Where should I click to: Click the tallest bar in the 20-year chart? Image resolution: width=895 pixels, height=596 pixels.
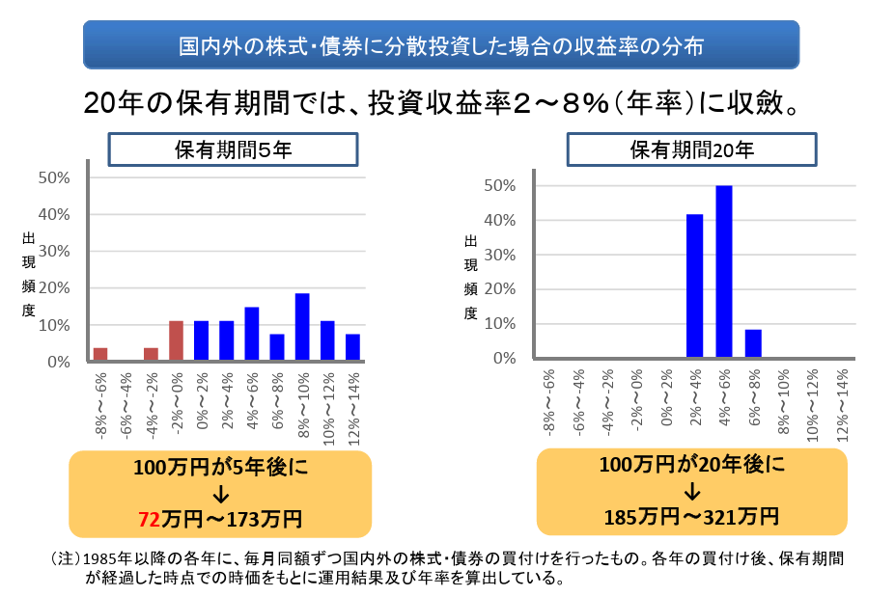(x=723, y=272)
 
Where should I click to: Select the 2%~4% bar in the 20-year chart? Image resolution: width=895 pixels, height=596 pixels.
(x=693, y=286)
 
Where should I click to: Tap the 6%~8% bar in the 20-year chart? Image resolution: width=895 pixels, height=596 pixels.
(x=753, y=344)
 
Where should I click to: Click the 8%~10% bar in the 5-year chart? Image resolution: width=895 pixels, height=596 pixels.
(x=302, y=328)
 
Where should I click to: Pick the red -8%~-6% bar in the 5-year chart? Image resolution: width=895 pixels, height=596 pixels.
(x=100, y=355)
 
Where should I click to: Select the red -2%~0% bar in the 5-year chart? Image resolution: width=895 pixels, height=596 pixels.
(x=176, y=341)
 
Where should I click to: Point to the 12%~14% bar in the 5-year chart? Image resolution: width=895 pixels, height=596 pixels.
(x=352, y=348)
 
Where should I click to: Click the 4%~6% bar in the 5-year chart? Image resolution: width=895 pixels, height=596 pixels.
(x=251, y=335)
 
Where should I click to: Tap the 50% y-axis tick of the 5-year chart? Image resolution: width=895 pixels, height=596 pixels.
(x=54, y=178)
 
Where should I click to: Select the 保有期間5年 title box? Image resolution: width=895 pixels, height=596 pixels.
(x=233, y=149)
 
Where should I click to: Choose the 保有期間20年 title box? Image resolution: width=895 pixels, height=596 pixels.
(x=691, y=149)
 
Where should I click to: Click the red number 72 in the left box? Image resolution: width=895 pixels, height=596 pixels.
(x=150, y=520)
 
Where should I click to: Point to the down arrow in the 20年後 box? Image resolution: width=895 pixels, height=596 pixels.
(x=691, y=491)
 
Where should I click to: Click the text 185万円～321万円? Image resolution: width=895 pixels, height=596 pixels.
(x=691, y=515)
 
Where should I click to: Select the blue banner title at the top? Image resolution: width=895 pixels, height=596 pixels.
(x=440, y=44)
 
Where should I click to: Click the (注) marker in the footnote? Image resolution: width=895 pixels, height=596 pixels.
(x=64, y=558)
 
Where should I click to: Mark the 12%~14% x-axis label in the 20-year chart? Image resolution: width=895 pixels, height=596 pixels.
(x=843, y=399)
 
